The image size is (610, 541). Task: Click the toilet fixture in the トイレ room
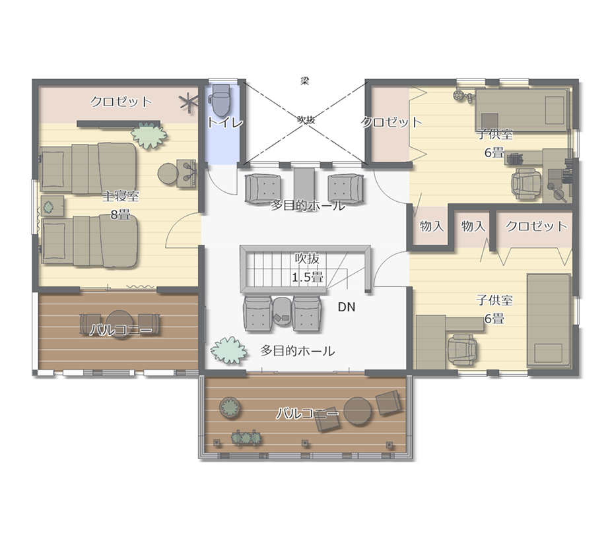(x=221, y=100)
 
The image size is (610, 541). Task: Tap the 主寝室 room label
(x=121, y=196)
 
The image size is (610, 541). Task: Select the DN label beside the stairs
(x=346, y=307)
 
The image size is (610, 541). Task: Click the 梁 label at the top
(x=304, y=81)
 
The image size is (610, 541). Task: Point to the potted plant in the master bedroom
(x=149, y=135)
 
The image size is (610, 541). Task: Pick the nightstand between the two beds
(x=53, y=206)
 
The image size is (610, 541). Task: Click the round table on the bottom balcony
(x=358, y=412)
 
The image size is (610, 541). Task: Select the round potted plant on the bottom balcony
(x=230, y=407)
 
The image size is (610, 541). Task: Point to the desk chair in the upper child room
(x=526, y=185)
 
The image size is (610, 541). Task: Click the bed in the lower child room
(x=549, y=321)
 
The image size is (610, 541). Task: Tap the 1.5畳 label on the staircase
(x=308, y=277)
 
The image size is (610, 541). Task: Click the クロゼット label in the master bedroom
(x=121, y=102)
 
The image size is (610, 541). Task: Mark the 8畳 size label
(x=120, y=214)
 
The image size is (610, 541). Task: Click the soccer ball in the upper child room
(x=459, y=95)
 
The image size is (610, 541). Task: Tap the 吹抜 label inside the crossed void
(x=306, y=120)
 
